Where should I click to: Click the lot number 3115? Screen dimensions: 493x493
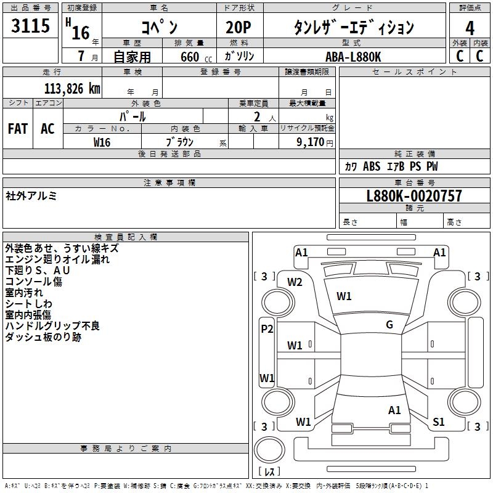31,27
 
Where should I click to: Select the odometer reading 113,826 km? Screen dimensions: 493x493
72,89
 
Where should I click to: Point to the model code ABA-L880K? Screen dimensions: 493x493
354,57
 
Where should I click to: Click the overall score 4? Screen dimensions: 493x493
470,28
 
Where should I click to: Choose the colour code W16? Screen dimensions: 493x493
102,142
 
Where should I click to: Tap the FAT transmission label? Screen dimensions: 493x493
18,129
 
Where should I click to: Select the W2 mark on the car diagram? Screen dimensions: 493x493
295,282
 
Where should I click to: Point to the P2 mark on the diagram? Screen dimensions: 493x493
267,329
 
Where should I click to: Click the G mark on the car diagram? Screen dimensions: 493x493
389,325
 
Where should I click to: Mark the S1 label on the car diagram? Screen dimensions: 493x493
439,422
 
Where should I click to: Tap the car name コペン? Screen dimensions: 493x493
160,28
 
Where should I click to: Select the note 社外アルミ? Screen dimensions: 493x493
31,196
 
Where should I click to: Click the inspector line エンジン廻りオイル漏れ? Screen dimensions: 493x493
57,259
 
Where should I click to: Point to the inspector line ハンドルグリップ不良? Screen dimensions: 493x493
52,326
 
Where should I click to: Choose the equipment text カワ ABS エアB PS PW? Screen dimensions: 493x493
391,166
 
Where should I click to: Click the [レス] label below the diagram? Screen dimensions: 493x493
269,472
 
